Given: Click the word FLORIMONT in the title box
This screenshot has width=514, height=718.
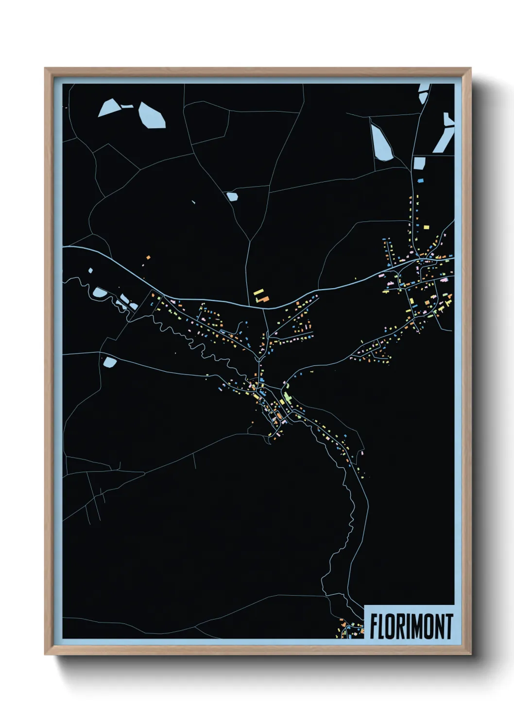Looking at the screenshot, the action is pos(411,626).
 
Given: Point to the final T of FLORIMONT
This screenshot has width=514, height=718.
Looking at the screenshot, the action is pos(449,626).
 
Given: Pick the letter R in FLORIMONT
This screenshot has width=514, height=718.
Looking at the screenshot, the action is pos(400,626).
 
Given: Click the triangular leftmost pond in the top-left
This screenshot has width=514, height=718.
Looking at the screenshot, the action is pos(109,108).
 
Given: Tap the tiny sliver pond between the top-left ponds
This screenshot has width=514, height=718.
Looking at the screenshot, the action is pos(127,105).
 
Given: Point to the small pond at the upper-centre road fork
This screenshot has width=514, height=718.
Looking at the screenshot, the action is pos(232,196).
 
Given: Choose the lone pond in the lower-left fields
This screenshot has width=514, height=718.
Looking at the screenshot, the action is pos(110,362).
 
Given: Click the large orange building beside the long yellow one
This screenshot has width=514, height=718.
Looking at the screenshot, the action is pos(263,299).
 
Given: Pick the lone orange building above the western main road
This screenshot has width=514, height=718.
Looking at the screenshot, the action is pos(149,258).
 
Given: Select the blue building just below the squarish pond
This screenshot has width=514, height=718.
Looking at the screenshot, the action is pos(421,180).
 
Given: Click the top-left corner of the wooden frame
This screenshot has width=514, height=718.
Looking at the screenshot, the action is pos(46,69).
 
